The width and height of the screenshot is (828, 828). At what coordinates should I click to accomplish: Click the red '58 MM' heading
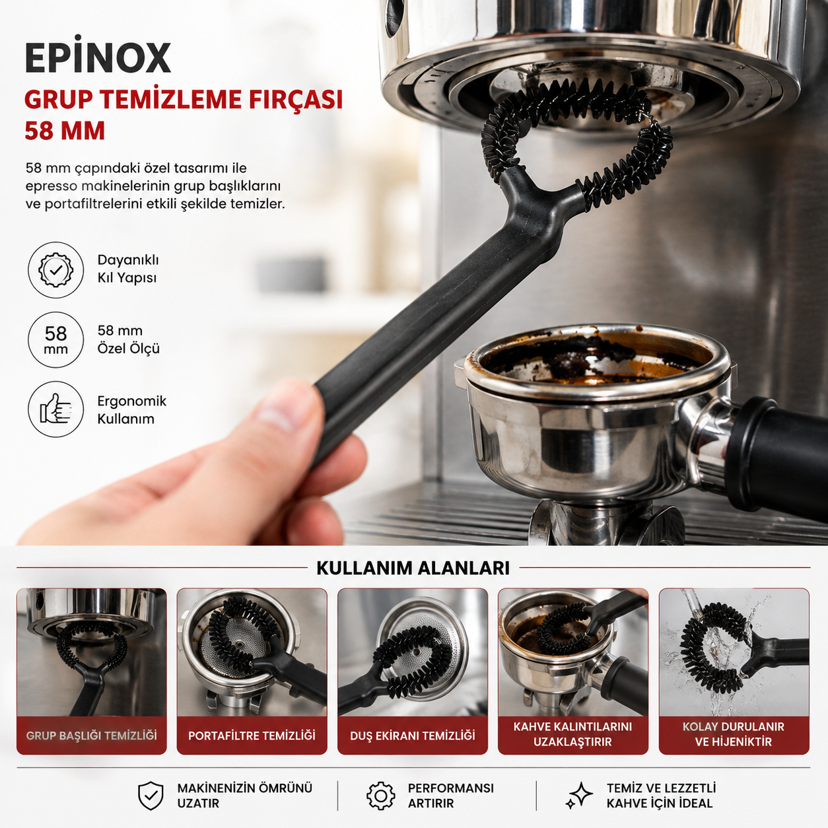[65, 131]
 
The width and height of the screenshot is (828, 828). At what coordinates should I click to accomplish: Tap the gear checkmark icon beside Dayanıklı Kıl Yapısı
[56, 270]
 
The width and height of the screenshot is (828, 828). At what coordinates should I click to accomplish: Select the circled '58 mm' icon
[56, 339]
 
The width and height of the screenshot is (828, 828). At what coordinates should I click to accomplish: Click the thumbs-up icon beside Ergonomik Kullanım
[56, 409]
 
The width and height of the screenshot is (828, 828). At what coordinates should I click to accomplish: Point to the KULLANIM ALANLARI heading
[413, 568]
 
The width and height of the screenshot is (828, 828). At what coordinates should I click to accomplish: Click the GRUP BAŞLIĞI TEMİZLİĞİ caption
[92, 736]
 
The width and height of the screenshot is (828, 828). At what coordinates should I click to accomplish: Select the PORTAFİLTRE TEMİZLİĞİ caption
[252, 736]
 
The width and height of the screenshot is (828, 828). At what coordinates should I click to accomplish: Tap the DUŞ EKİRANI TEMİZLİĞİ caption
[413, 736]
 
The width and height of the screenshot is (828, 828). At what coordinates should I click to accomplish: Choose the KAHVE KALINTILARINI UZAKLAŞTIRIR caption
[572, 734]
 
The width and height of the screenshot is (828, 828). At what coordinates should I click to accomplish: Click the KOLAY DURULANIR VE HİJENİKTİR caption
[734, 734]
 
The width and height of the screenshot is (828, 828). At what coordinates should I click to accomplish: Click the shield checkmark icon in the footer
[151, 796]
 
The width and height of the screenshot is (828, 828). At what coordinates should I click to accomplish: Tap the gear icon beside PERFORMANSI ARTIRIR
[381, 796]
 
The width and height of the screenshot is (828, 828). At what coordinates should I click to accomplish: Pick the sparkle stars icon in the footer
[579, 796]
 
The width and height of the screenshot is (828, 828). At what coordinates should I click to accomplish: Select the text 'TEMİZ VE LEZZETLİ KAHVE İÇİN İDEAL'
[662, 796]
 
